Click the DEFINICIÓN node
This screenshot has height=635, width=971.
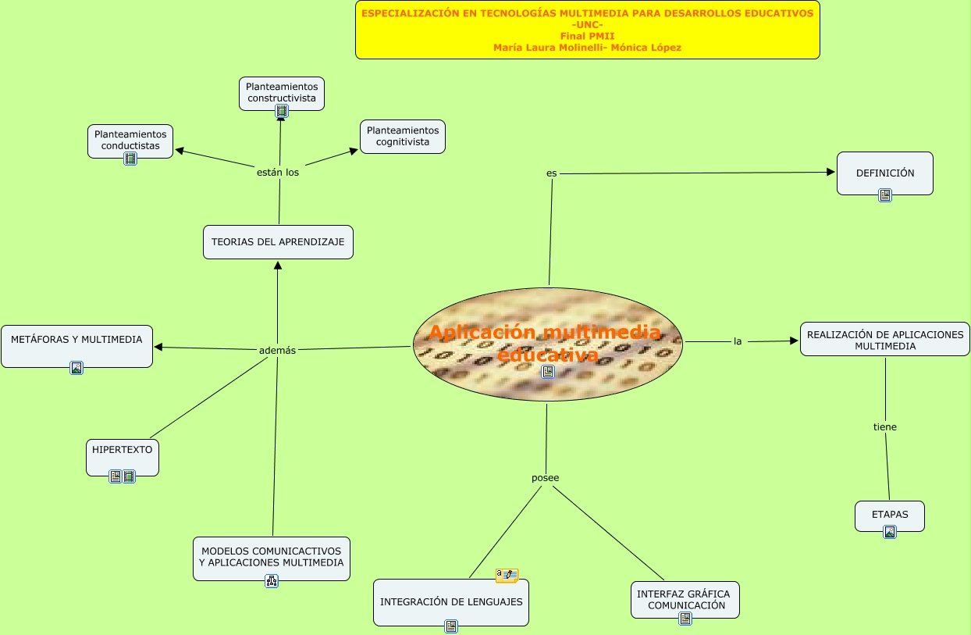(884, 173)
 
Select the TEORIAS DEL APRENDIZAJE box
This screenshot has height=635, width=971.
(278, 242)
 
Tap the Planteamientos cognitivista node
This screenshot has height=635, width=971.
(403, 136)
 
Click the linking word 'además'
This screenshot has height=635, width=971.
(277, 350)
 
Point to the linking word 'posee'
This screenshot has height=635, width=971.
(545, 477)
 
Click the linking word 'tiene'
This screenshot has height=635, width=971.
(885, 426)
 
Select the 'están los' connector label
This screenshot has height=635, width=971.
(278, 172)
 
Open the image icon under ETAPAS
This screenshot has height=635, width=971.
(889, 532)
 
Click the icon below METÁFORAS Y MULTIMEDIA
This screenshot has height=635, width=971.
(76, 368)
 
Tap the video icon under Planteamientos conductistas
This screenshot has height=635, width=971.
(130, 159)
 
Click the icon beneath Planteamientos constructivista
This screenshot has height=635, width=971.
(282, 111)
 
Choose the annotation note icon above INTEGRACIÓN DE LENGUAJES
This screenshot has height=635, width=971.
(507, 576)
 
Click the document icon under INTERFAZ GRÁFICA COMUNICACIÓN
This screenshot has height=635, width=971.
(685, 619)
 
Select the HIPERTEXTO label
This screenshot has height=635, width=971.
(123, 450)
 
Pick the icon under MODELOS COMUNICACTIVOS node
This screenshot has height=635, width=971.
(272, 580)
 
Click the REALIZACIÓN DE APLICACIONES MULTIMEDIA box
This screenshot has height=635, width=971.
(885, 340)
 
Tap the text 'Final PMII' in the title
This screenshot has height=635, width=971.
(587, 36)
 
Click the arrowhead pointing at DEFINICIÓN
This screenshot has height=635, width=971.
(831, 172)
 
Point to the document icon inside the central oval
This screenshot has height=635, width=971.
(548, 372)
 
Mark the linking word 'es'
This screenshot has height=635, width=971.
(552, 172)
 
